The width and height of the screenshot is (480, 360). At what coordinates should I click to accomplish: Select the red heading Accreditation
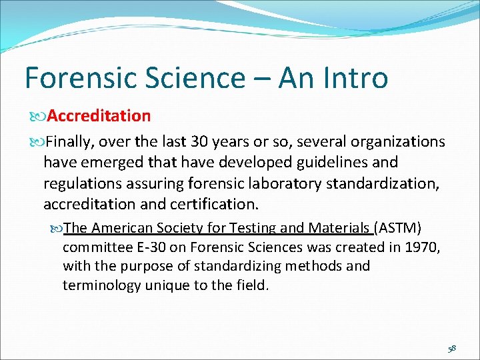click(99, 116)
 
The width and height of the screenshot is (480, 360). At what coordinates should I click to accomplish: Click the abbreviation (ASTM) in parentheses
click(398, 228)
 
